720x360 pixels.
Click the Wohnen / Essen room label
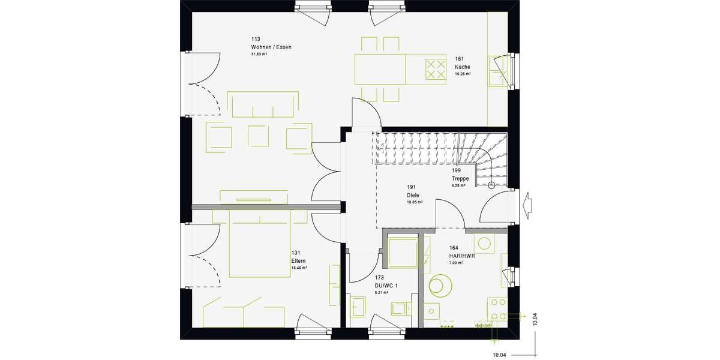(x=271, y=47)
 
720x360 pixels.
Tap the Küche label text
(x=462, y=67)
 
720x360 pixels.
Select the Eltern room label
(x=298, y=261)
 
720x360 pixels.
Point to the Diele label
(x=412, y=195)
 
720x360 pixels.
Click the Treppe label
(x=460, y=179)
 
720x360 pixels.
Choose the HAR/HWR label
(x=462, y=255)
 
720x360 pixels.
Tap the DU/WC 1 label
(x=388, y=285)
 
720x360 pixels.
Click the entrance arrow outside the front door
(x=529, y=205)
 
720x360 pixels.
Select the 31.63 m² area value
(x=259, y=54)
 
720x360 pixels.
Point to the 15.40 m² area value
(x=299, y=268)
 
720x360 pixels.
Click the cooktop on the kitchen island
(x=436, y=68)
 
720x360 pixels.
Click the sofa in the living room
(x=263, y=104)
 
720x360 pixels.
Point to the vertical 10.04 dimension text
(x=534, y=319)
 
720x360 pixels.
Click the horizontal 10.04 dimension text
(x=499, y=355)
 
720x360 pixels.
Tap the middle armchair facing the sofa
(x=259, y=136)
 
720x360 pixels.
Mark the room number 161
(x=459, y=59)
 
